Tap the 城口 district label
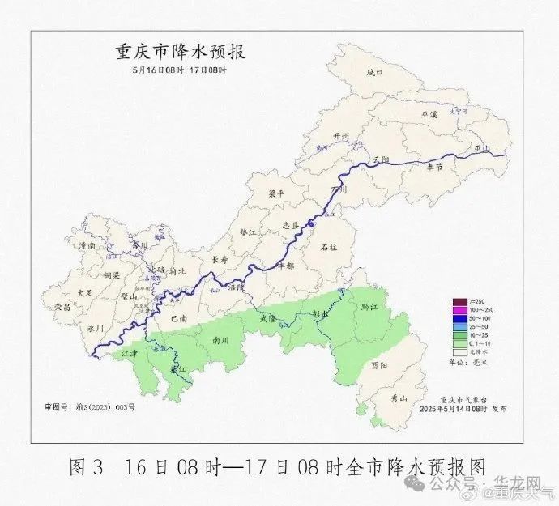373,73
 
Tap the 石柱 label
329,246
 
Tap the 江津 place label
130,355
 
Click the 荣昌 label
63,308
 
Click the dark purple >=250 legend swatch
459,301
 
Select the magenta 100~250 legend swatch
459,310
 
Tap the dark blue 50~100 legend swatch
459,319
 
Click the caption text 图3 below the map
87,468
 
